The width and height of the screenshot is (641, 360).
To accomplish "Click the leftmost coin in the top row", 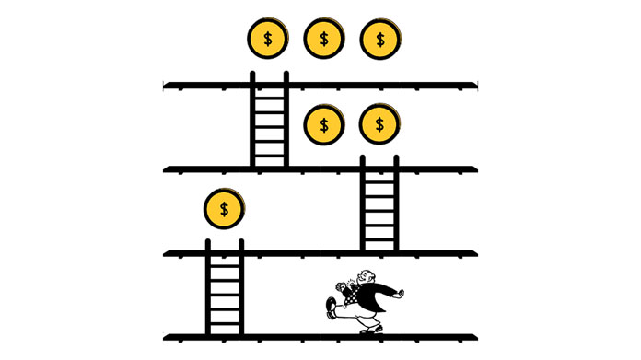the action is (268, 40).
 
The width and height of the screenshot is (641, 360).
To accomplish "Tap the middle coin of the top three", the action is (323, 40).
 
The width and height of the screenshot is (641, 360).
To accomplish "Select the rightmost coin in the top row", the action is (379, 40).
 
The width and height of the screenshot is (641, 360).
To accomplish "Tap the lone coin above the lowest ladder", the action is (224, 209).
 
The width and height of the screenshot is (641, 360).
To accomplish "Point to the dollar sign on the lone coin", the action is (224, 209).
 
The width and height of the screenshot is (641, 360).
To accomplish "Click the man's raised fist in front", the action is (341, 285).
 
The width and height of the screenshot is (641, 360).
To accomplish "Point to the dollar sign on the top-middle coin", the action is (323, 40).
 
